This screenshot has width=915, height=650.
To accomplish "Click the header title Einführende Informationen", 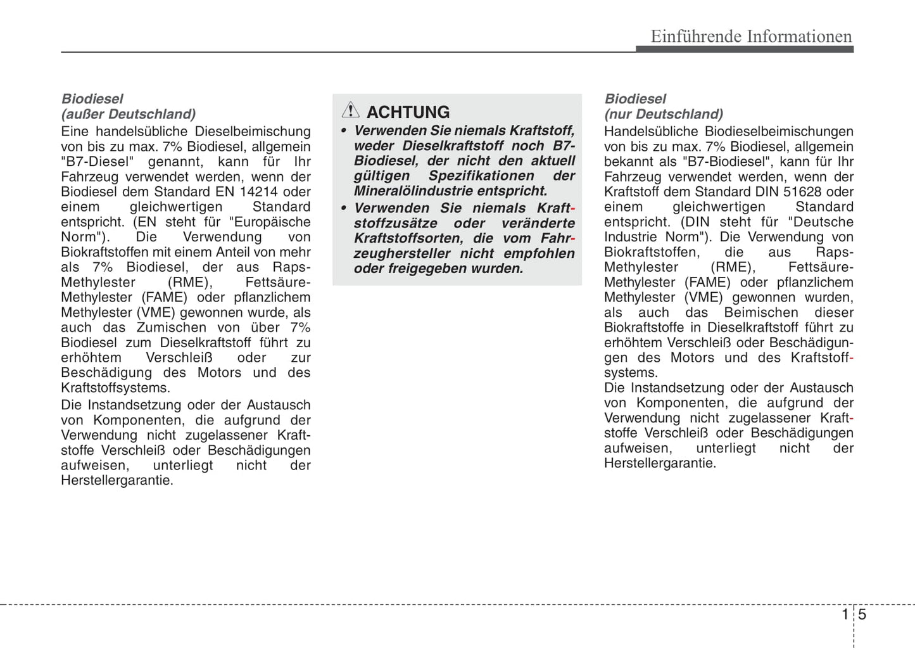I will pos(751,36).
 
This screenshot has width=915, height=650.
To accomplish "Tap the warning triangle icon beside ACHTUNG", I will pos(350,110).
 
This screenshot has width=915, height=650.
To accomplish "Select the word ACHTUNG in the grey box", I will pos(408,112).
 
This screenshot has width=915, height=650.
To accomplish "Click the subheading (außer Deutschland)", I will pos(129,114).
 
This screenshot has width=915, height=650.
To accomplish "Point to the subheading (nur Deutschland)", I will pos(663,114).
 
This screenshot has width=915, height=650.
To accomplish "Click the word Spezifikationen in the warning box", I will pos(483,175).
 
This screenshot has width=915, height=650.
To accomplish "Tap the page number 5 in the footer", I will pos(862,615).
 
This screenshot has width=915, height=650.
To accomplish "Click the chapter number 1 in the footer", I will pos(845,615).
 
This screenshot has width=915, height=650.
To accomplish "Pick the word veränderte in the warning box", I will pos(538,223).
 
